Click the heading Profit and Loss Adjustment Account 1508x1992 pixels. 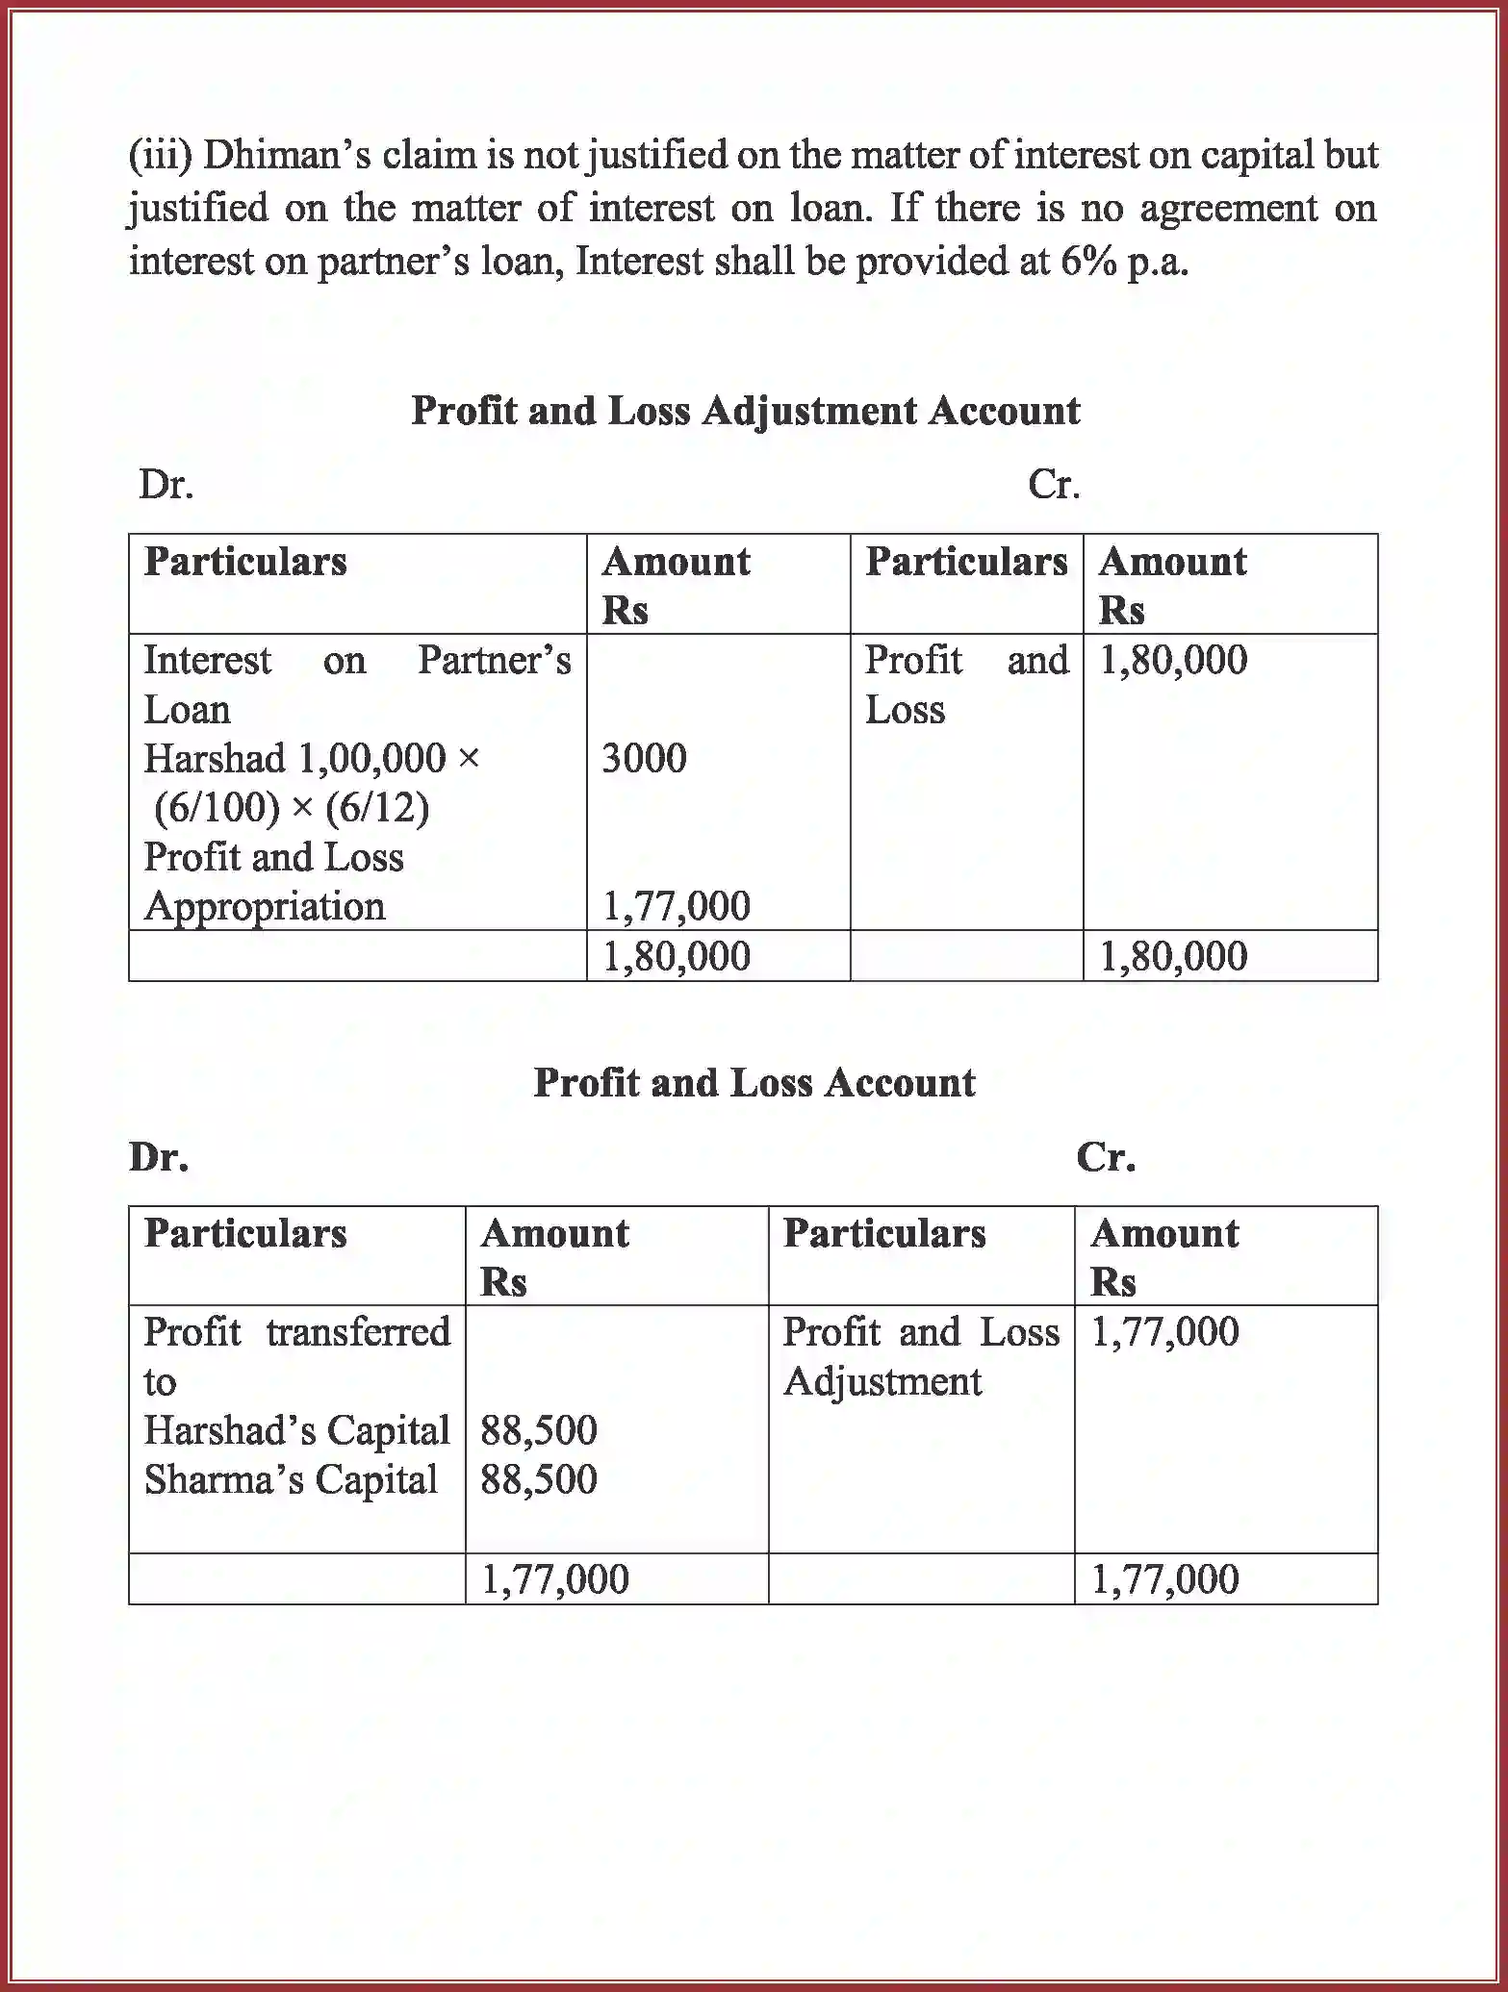point(745,411)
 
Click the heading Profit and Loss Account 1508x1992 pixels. point(754,1083)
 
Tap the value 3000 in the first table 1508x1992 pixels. point(644,759)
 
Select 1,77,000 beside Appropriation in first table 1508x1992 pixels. point(676,906)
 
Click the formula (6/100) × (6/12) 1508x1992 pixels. point(292,808)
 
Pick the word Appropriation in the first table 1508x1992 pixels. point(265,907)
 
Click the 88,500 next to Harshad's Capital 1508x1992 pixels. point(538,1431)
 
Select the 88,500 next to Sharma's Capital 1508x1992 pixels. point(538,1480)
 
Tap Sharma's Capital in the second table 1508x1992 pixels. point(291,1480)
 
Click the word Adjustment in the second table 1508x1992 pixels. point(882,1382)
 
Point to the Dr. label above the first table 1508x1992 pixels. point(166,485)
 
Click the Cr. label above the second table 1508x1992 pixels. point(1105,1157)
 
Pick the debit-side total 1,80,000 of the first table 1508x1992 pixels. point(676,957)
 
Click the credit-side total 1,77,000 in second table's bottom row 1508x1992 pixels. point(1164,1580)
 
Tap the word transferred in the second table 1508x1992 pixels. point(358,1333)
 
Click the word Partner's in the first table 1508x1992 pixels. point(494,661)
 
